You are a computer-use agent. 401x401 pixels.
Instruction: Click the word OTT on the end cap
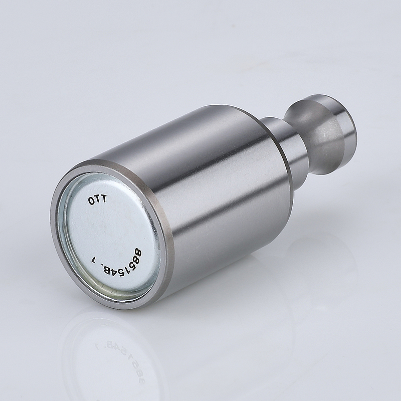click(97, 199)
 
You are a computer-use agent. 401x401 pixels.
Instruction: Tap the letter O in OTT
click(91, 201)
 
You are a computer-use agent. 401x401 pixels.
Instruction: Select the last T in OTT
click(104, 198)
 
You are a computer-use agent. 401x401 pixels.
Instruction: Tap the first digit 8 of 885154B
click(138, 253)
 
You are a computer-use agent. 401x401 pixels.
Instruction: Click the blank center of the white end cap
click(112, 230)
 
